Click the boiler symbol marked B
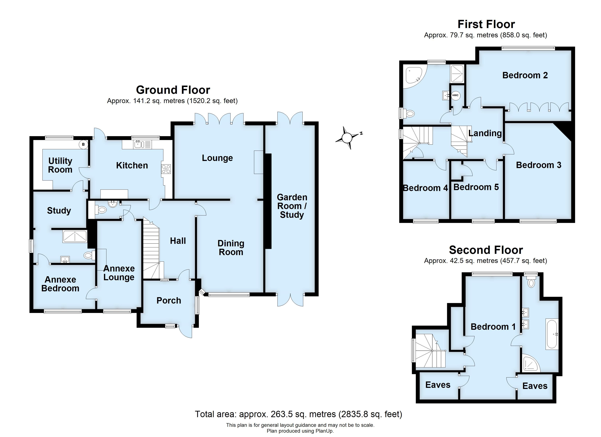tap(83, 144)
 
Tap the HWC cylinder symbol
tap(455, 95)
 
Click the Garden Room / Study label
tap(292, 206)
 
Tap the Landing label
tap(485, 133)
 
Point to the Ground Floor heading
tap(173, 90)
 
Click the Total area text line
tap(298, 414)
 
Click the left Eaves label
tap(438, 385)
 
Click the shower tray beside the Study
tap(75, 236)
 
